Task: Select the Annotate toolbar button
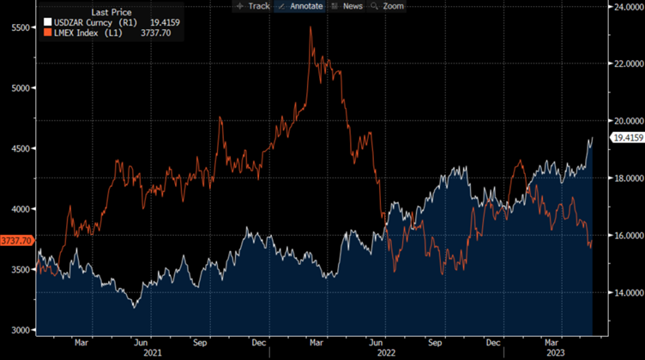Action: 299,6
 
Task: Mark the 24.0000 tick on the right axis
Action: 624,7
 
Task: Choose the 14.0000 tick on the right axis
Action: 624,292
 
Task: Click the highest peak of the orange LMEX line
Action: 310,27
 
